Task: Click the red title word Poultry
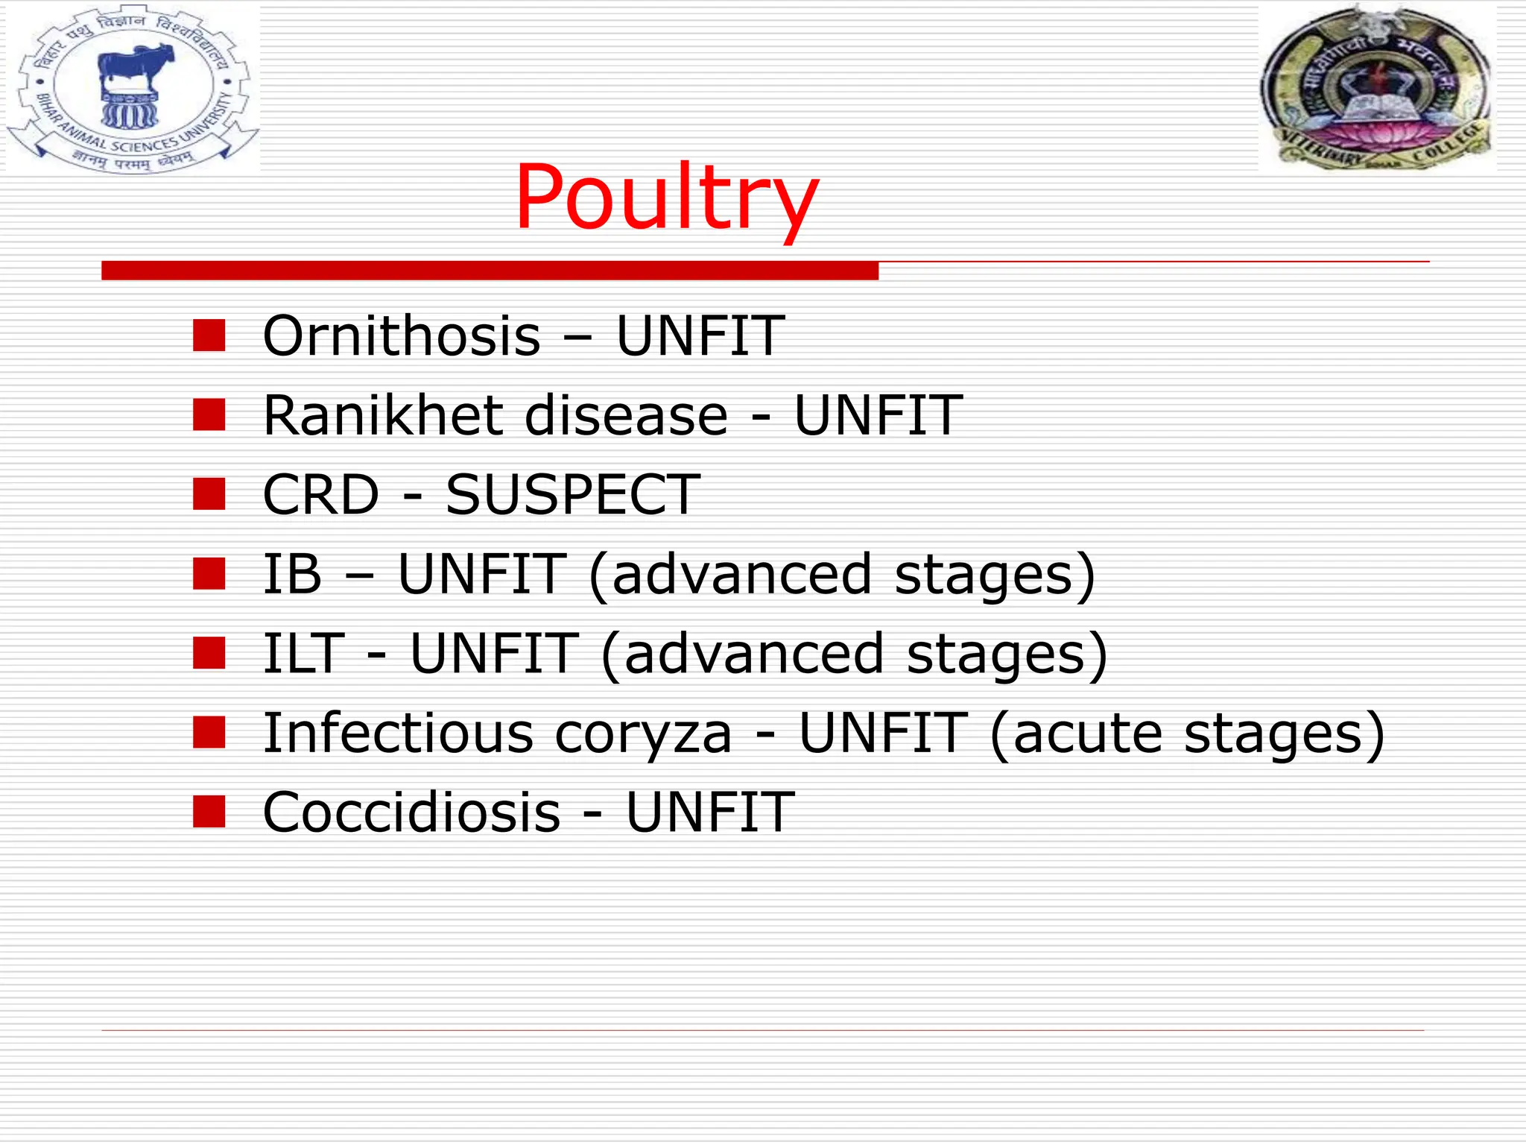coord(666,198)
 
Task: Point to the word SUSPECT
coord(572,494)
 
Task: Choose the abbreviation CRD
coord(321,494)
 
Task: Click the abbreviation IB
coord(292,574)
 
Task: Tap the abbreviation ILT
coord(304,654)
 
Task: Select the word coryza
coord(644,734)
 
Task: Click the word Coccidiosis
coord(411,813)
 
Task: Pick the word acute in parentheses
coord(1087,734)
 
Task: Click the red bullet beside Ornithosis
coord(209,335)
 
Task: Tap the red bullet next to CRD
coord(209,494)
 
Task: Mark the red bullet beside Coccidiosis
coord(209,813)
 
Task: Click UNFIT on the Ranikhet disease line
coord(878,415)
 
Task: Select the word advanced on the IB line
coord(741,574)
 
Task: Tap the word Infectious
coord(399,734)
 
